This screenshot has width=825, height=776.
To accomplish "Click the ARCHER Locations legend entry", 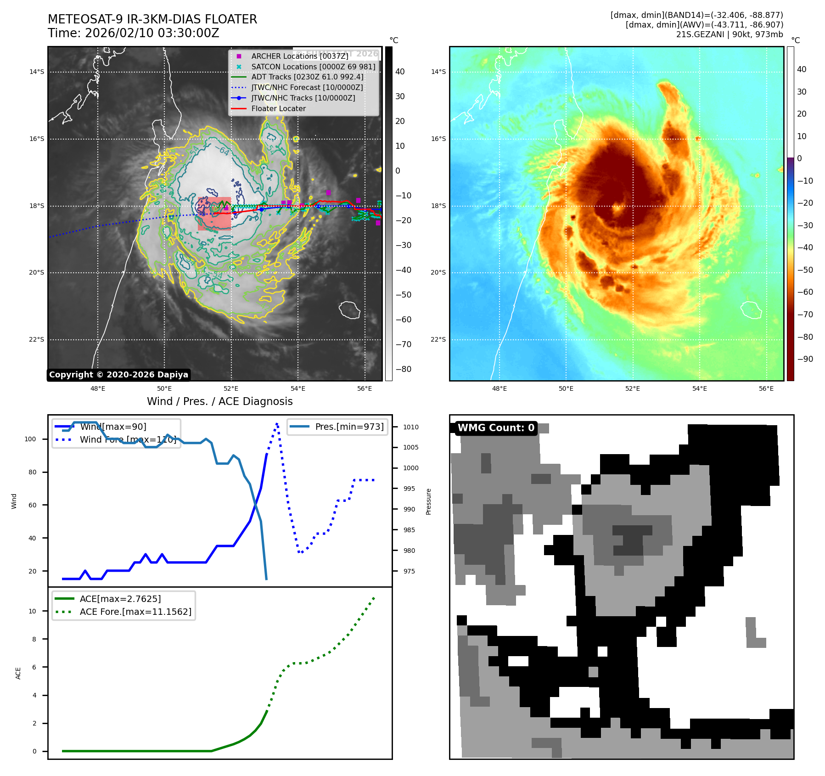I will [x=299, y=56].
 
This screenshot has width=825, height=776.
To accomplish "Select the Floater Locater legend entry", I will [x=278, y=108].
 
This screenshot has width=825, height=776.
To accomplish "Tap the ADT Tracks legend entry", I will [x=307, y=77].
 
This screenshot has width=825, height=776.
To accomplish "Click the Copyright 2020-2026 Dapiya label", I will [x=118, y=375].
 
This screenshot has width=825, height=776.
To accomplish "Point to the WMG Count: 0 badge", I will [x=496, y=428].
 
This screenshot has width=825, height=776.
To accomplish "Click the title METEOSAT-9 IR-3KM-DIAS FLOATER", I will [x=152, y=19].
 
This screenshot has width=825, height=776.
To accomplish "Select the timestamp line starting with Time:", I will [x=134, y=33].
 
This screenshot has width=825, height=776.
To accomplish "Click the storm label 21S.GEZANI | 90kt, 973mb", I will [x=730, y=34].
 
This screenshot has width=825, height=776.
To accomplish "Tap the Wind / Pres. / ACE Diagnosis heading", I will [x=219, y=401].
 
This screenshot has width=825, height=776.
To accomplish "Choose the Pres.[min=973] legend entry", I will [x=349, y=427].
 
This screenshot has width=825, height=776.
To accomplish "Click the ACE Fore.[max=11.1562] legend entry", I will [x=135, y=612].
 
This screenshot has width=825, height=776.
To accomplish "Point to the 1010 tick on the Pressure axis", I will [x=411, y=427].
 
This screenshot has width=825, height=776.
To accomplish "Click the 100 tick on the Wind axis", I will [x=30, y=439].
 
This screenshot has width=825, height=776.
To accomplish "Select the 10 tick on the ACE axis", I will [x=33, y=611].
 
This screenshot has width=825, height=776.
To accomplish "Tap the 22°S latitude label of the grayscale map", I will [x=37, y=340].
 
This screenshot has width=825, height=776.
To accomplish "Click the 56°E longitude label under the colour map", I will [x=766, y=389].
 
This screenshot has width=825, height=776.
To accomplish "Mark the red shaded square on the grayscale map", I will [x=214, y=214].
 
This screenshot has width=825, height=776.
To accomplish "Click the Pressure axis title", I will [x=429, y=501].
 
